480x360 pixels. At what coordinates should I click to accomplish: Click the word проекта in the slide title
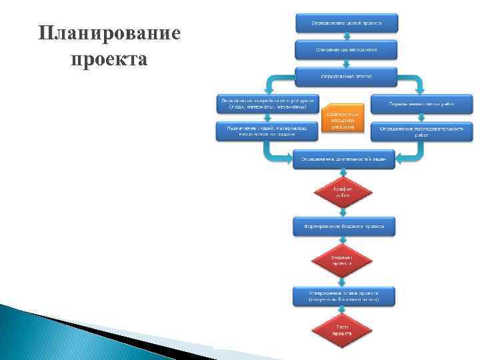click(x=109, y=59)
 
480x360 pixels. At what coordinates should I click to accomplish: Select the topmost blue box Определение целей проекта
click(x=346, y=22)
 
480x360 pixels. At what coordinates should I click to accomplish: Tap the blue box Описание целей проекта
click(x=346, y=49)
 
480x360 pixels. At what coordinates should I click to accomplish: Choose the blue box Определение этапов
click(x=346, y=76)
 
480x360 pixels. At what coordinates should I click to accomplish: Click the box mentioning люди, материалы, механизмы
click(x=267, y=103)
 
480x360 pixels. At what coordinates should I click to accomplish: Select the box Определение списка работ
click(x=421, y=103)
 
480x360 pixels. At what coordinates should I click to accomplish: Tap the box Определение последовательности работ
click(x=421, y=131)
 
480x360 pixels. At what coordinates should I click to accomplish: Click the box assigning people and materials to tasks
click(x=267, y=131)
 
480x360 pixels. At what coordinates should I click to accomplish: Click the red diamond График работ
click(x=343, y=192)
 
